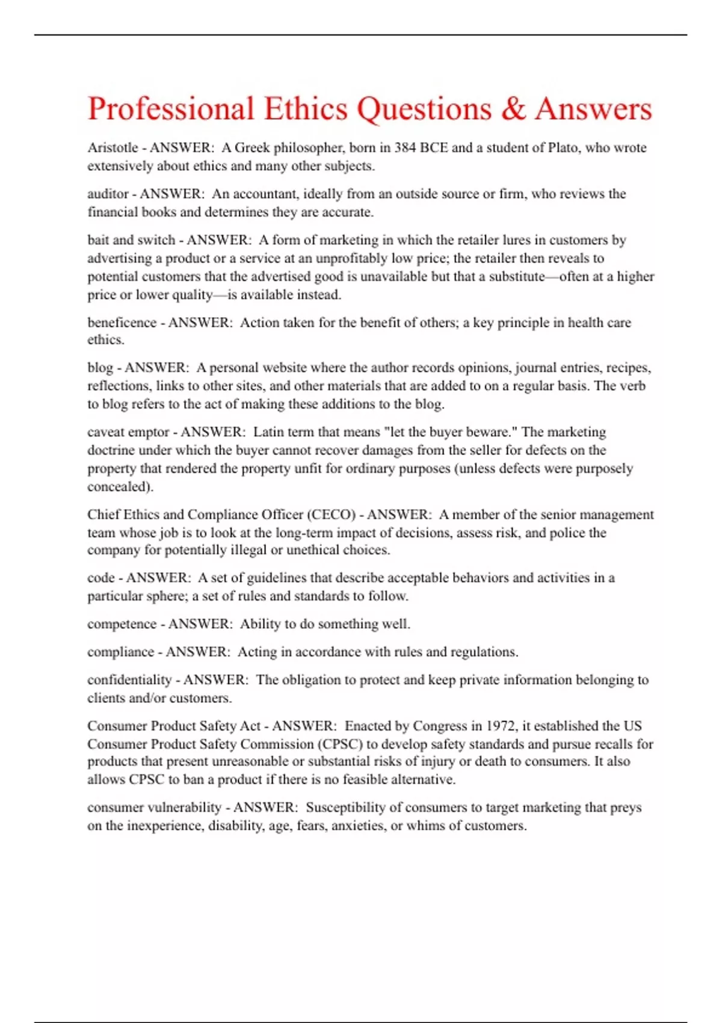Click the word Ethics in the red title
click(x=306, y=109)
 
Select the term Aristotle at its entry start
click(x=113, y=148)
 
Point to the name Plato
click(x=563, y=148)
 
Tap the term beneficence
click(x=122, y=323)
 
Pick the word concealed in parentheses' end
click(x=119, y=487)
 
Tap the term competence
click(x=122, y=624)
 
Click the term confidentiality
click(x=129, y=680)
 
